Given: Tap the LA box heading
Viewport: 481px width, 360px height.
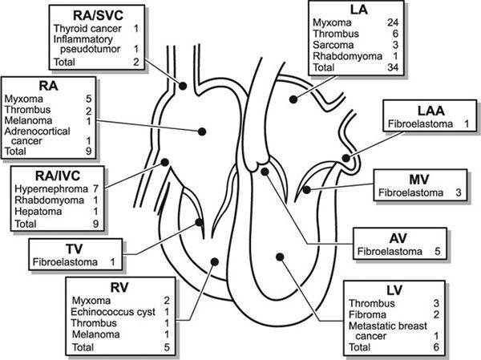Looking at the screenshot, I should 357,8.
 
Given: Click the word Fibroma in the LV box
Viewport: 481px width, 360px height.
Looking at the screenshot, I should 366,314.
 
